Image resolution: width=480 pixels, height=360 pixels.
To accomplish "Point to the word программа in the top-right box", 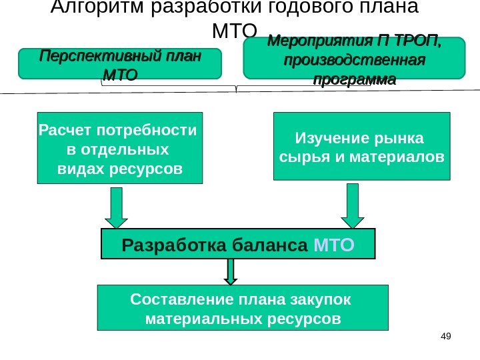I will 354,80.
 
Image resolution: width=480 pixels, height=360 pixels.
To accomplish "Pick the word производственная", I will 354,61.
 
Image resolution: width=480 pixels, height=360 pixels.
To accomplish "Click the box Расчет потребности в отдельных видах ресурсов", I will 119,147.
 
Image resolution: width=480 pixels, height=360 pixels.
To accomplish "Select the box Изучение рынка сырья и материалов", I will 362,146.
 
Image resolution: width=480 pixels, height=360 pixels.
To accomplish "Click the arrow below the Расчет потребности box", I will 116,208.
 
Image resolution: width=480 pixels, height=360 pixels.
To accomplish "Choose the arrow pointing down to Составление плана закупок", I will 231,271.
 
